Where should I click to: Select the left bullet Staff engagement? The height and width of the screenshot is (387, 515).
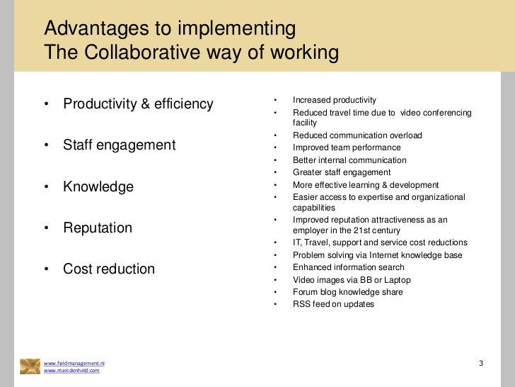point(119,145)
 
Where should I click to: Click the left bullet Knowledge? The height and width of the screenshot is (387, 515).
point(98,187)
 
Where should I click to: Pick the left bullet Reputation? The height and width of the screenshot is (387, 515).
point(98,228)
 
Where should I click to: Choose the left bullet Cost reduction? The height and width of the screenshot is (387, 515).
point(109,269)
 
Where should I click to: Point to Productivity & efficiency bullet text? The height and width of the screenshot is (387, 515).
point(138,104)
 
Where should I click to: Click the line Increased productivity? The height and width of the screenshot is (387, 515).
point(335,100)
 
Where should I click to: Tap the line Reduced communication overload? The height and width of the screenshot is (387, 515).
point(357,135)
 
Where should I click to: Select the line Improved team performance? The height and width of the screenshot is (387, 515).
point(347,148)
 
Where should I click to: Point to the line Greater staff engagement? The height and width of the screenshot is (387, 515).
point(342,172)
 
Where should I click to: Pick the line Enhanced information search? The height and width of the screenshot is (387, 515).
point(349,267)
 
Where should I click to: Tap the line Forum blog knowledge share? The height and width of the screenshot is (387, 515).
point(348,292)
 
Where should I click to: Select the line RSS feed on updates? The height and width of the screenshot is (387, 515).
point(333,304)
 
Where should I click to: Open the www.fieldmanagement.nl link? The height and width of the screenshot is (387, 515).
point(74,363)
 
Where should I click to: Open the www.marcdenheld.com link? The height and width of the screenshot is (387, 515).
point(71,371)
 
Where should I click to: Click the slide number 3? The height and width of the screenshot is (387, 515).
point(481,364)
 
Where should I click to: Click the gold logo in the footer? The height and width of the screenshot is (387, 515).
point(30,366)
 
